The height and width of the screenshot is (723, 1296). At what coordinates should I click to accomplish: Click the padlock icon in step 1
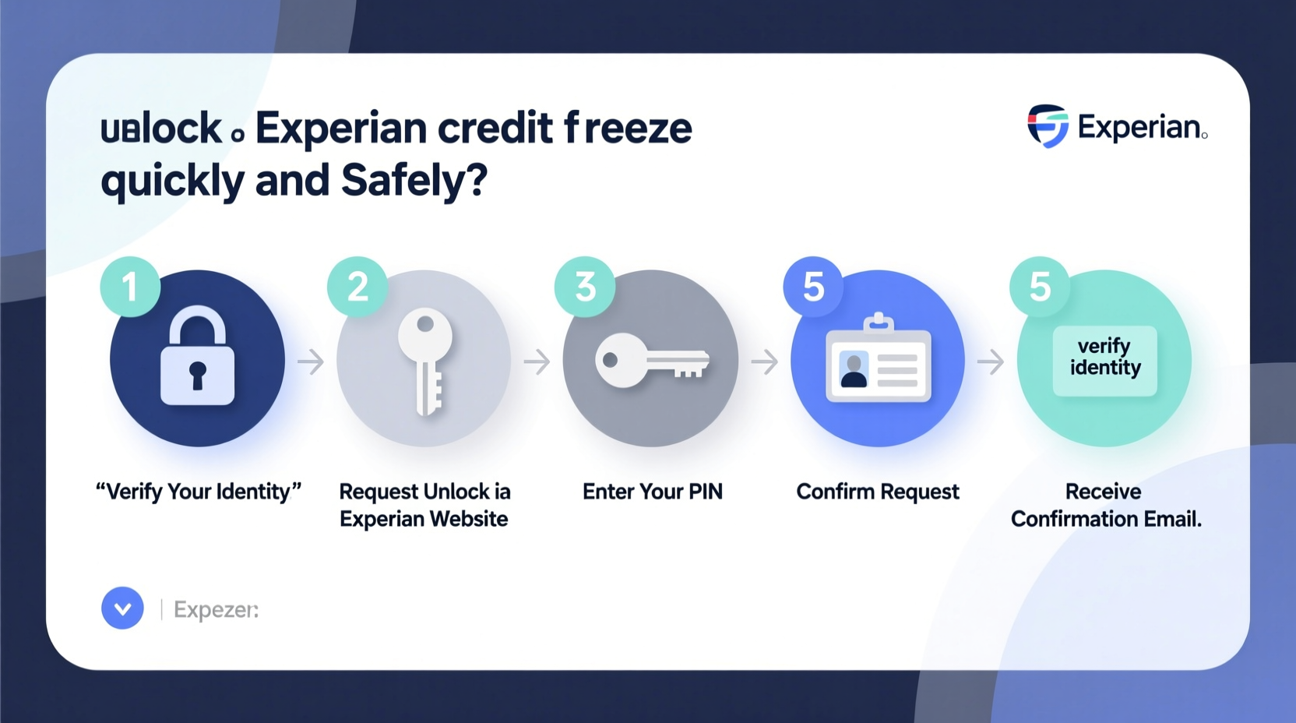click(197, 356)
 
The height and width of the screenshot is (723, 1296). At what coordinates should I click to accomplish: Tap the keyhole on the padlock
click(197, 373)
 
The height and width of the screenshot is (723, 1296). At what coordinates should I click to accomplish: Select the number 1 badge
click(130, 287)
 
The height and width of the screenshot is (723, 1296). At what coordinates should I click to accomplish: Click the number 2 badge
click(357, 287)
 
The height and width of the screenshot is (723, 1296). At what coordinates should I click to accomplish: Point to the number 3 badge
click(585, 287)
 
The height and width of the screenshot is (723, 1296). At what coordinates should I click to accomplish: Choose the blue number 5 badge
click(813, 287)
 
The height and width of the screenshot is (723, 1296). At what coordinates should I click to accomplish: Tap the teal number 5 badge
click(1040, 287)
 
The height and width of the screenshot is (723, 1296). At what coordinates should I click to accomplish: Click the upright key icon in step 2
click(425, 360)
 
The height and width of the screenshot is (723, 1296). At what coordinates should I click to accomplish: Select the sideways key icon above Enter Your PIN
click(651, 361)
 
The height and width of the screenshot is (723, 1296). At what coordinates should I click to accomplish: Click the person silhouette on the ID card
click(854, 370)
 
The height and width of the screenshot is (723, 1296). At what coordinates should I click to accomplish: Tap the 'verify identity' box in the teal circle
click(1104, 358)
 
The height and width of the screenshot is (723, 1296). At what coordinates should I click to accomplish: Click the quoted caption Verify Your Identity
click(198, 492)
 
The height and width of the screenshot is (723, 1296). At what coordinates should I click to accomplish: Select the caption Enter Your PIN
click(653, 492)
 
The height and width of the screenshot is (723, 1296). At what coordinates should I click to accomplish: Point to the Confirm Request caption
click(878, 492)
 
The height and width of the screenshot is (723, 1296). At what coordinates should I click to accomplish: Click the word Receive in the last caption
click(1103, 492)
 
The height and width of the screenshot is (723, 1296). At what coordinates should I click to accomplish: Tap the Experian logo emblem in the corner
click(1048, 125)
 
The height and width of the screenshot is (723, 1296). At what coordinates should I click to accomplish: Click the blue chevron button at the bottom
click(122, 608)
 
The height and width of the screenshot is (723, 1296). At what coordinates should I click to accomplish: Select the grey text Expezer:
click(216, 609)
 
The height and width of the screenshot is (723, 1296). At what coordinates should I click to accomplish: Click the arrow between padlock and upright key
click(311, 361)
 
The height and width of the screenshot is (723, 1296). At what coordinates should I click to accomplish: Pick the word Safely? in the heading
click(414, 180)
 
